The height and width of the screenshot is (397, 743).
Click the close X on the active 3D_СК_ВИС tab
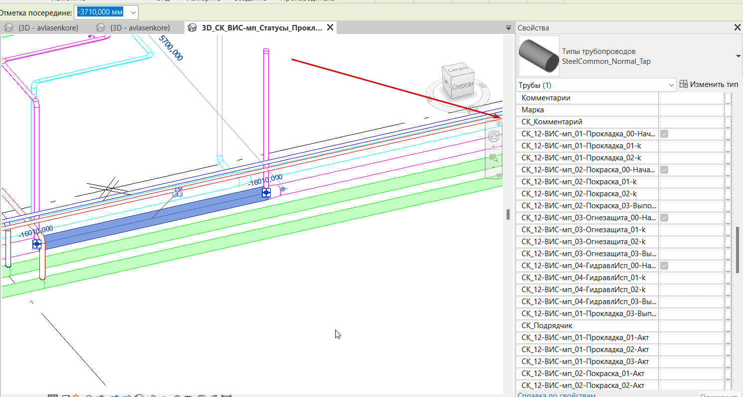coord(330,28)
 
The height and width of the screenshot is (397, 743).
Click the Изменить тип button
coord(709,85)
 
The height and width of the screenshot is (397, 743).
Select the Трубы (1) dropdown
coord(596,85)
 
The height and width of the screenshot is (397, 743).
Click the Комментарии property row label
coord(546,98)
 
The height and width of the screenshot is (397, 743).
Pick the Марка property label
coord(533,110)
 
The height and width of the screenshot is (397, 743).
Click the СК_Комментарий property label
coord(552,122)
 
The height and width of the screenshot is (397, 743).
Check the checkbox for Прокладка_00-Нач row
coord(664,134)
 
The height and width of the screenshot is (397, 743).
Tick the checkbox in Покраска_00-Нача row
coord(664,170)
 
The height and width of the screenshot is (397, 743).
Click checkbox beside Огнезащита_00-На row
coord(664,218)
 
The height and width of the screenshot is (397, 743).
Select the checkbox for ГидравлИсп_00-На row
coord(664,266)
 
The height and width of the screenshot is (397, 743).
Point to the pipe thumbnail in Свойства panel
coord(539,56)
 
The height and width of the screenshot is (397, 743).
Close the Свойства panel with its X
coord(738,28)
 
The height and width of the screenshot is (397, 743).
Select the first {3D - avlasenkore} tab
coord(48,28)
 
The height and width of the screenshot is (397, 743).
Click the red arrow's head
coord(499,118)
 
